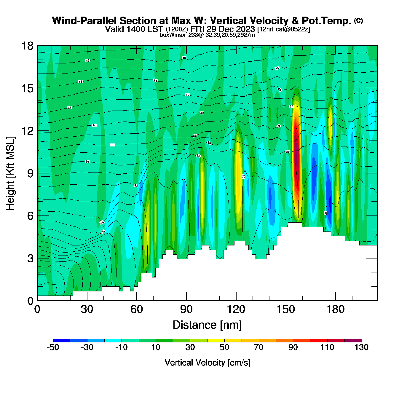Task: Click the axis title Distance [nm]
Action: pos(207,325)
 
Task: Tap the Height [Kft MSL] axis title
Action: pos(10,173)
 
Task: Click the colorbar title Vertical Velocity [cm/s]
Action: pos(207,363)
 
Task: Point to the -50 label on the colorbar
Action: pos(53,347)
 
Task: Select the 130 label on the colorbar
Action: pos(361,347)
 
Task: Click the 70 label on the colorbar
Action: pos(259,347)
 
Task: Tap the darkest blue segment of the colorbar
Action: pos(61,341)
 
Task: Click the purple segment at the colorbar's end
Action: pos(353,341)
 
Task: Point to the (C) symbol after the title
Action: pos(358,20)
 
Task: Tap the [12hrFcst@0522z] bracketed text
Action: pos(283,29)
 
